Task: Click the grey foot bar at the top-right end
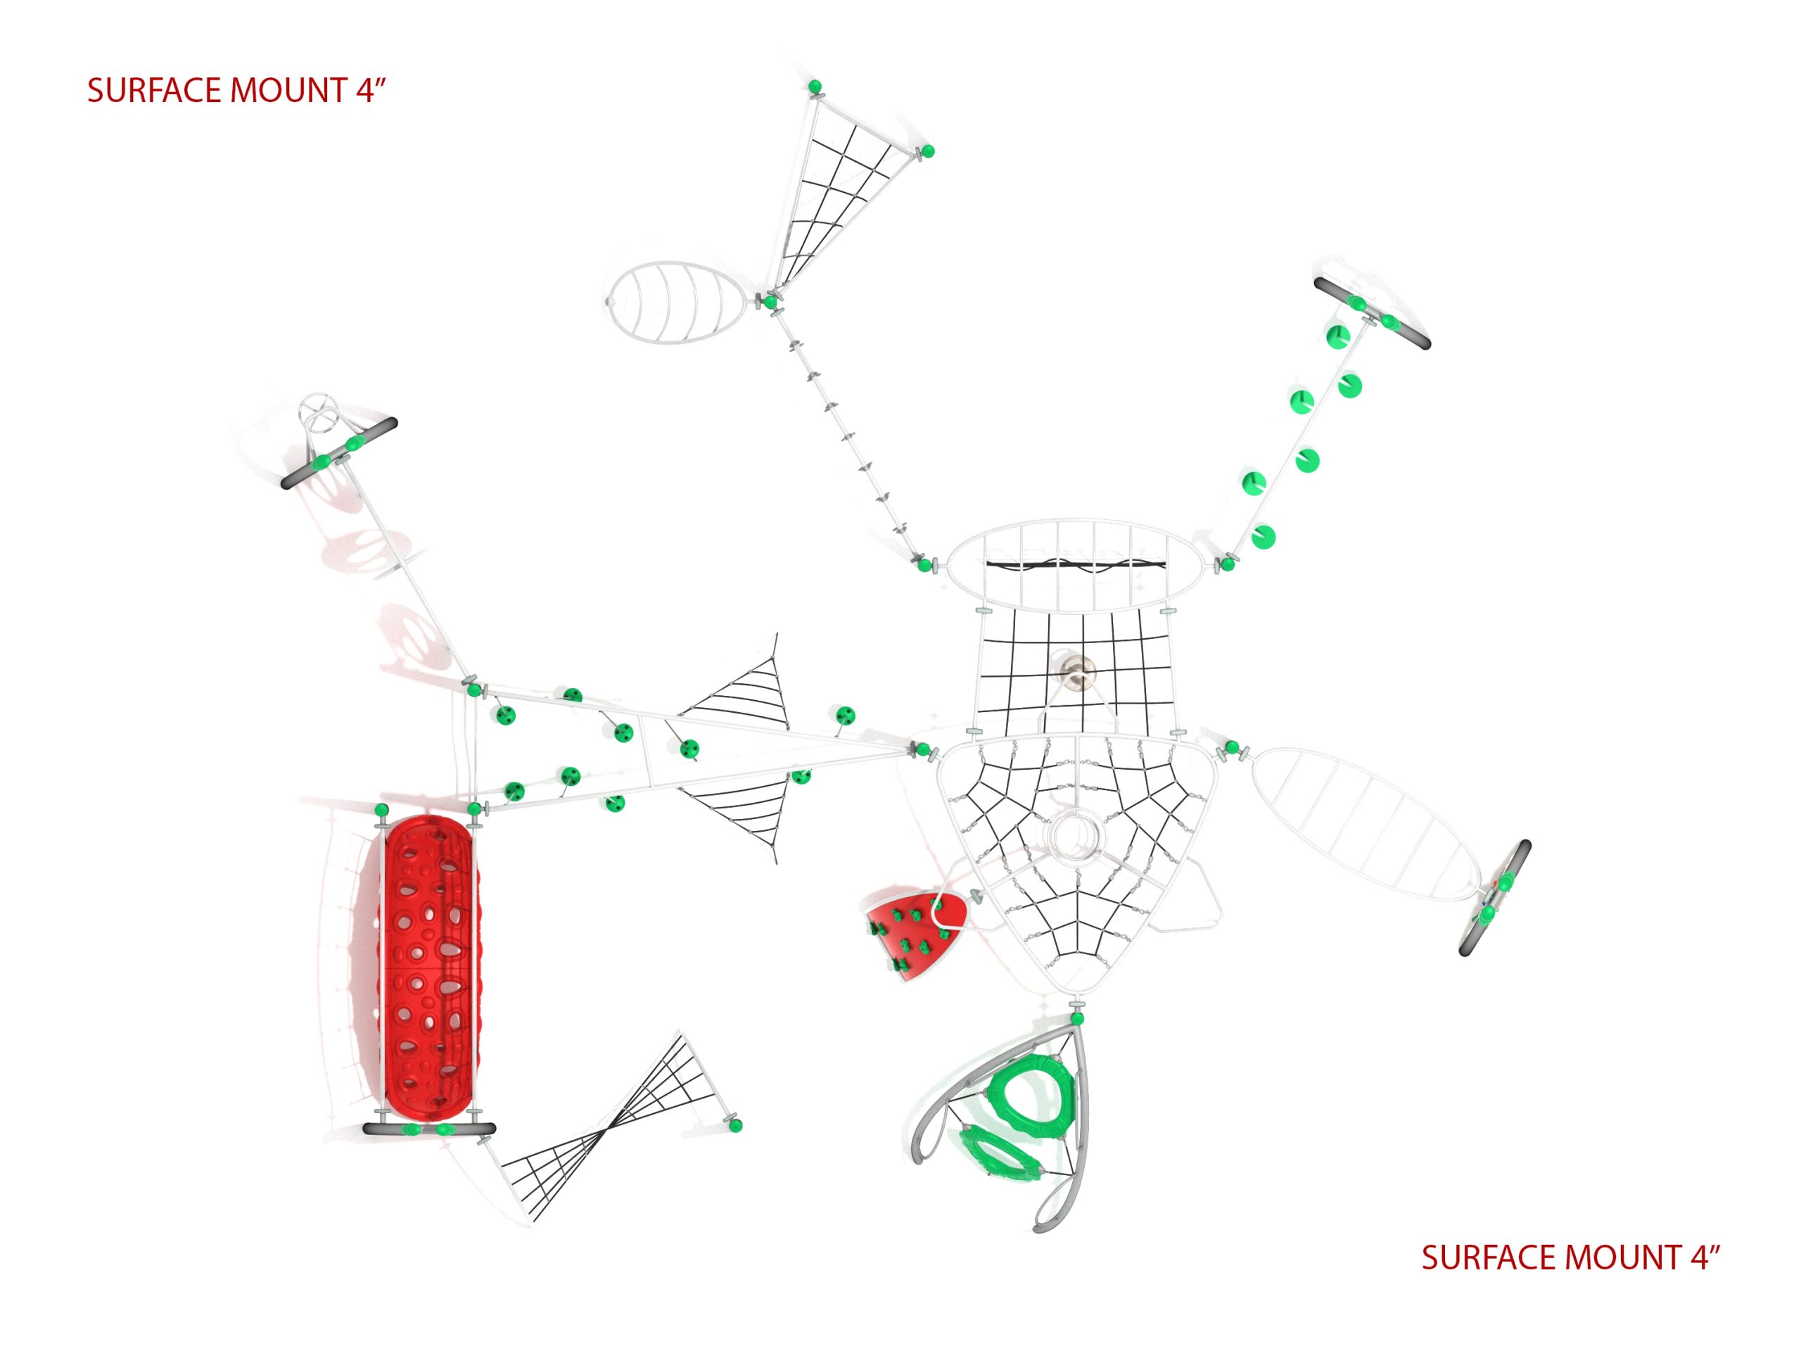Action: (1372, 314)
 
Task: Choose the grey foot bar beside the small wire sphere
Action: (338, 454)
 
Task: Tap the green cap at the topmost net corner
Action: (813, 87)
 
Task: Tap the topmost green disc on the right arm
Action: (1336, 337)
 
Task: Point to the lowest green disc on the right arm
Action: (1263, 537)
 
